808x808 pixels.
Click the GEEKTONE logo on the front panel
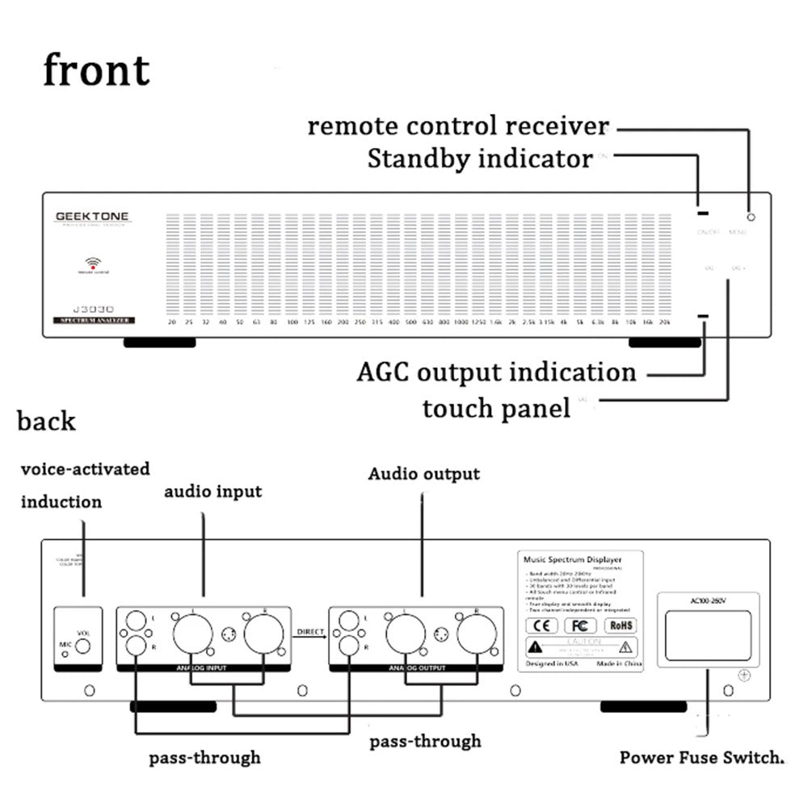click(91, 217)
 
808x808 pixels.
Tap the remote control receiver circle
click(751, 217)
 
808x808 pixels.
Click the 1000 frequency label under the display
click(461, 322)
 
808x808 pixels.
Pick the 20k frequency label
click(664, 322)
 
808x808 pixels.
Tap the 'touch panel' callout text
click(495, 408)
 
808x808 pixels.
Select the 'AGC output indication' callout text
click(496, 372)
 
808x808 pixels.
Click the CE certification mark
click(541, 625)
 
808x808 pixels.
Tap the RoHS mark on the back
click(621, 625)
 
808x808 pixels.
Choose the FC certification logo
click(579, 625)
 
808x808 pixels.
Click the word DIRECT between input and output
click(309, 631)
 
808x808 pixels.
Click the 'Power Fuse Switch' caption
click(702, 758)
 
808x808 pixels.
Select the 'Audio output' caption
click(423, 473)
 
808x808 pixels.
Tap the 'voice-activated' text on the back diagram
click(85, 469)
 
